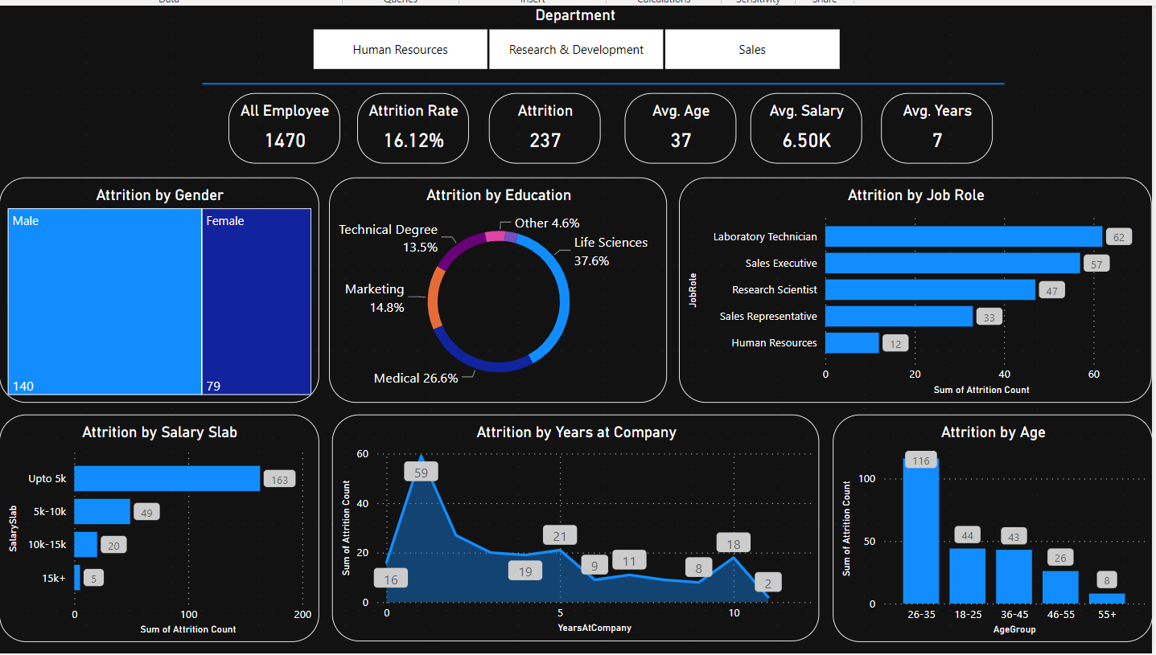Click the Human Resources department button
(400, 50)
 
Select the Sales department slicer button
(751, 50)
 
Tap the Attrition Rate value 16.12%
(413, 141)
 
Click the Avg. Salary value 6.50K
(806, 141)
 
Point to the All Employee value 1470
(285, 141)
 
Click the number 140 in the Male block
(23, 387)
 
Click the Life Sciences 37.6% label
(610, 252)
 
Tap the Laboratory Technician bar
(963, 236)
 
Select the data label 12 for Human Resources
(895, 344)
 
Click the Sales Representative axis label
(767, 317)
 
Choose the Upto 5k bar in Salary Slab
(167, 478)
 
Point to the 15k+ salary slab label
(54, 578)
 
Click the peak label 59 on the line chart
(421, 473)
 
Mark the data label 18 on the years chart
(733, 544)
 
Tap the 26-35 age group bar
(920, 534)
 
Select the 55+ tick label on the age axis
(1107, 615)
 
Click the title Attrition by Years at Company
(576, 432)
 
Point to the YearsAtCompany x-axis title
(594, 628)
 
